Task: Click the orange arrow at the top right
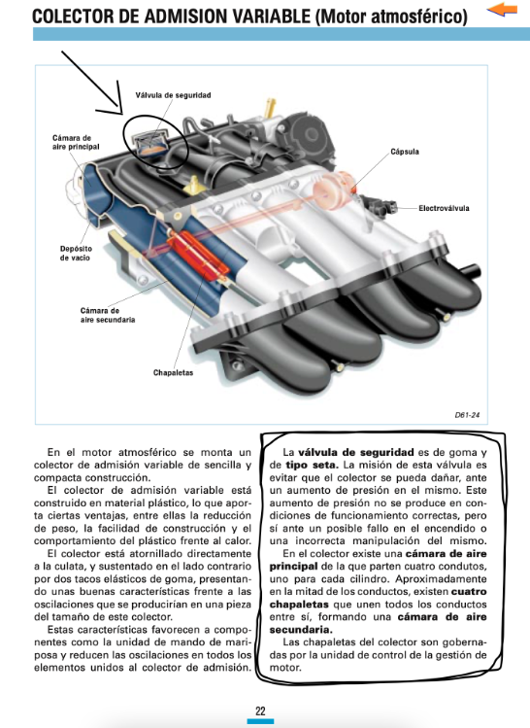point(502,10)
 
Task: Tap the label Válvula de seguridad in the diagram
point(173,95)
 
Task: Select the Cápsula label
point(405,152)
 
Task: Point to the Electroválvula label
point(444,208)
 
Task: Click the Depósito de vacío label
point(76,253)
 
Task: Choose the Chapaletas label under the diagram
point(173,372)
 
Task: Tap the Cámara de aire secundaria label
point(108,315)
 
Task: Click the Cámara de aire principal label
point(76,142)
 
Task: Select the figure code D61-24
point(467,415)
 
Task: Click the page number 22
point(260,711)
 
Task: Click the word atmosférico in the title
point(417,17)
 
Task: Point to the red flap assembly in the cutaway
point(197,255)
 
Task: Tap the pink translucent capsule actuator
point(333,189)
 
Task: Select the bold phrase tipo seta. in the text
point(312,465)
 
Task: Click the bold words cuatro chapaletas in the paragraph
point(378,598)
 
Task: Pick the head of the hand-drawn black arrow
point(122,114)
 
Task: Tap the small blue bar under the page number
point(260,721)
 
